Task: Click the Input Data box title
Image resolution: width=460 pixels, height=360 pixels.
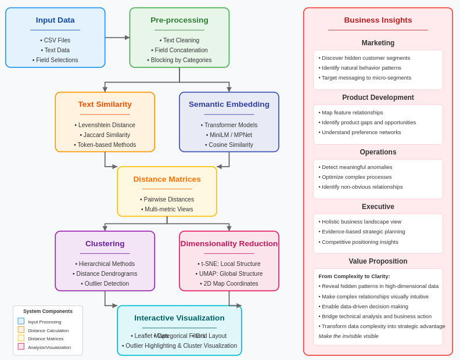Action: [55, 20]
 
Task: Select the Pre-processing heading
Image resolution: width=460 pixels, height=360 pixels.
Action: [179, 20]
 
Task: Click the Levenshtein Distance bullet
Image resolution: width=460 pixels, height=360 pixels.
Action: [105, 125]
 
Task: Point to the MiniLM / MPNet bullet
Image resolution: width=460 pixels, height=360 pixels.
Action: [229, 135]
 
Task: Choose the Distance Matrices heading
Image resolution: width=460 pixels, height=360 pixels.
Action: [167, 179]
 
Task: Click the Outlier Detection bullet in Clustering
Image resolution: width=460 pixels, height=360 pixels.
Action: [105, 283]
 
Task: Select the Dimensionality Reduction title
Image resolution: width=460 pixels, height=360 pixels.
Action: [229, 244]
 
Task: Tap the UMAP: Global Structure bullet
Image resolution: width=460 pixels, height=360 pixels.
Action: [229, 273]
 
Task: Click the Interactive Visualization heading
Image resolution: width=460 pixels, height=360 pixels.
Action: [179, 318]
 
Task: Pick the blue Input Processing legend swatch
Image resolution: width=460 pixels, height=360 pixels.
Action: [21, 321]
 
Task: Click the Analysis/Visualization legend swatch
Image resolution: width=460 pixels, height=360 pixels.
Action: [21, 347]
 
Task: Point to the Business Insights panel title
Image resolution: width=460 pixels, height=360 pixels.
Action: [378, 20]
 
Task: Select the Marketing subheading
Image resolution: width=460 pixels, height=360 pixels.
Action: [378, 43]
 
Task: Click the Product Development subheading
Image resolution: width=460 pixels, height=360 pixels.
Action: [378, 98]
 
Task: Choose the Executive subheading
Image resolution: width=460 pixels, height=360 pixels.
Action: [378, 207]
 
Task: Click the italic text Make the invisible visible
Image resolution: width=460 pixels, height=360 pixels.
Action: [348, 336]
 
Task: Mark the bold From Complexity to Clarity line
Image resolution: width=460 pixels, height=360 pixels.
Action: [354, 276]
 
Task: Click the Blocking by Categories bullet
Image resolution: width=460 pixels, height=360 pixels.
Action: [179, 60]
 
